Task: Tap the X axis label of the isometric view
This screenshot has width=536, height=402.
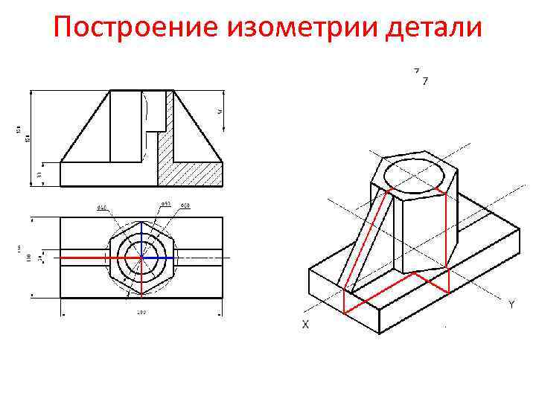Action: point(305,325)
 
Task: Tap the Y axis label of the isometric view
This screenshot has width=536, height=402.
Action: point(511,304)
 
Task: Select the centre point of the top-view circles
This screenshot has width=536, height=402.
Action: point(141,258)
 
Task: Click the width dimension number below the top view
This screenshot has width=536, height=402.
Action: point(141,312)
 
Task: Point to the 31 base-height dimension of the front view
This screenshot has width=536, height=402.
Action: point(39,174)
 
